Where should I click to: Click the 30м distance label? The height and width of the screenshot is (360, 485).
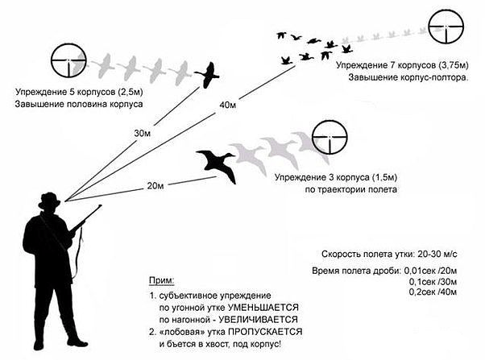pyautogui.click(x=142, y=133)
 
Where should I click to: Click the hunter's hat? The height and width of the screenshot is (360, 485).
pyautogui.click(x=50, y=198)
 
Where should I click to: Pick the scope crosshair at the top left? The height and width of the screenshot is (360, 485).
pyautogui.click(x=68, y=60)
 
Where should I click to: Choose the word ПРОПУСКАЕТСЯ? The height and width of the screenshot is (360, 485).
pyautogui.click(x=261, y=332)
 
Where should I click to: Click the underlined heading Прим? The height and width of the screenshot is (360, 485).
pyautogui.click(x=161, y=279)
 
